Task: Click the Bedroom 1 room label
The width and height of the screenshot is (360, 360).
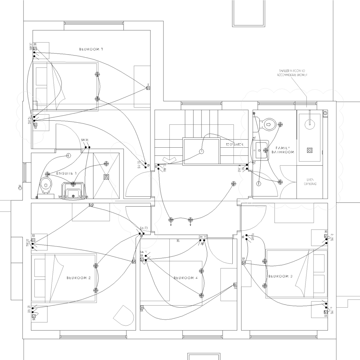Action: [91, 49]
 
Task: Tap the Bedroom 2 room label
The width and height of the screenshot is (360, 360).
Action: [79, 278]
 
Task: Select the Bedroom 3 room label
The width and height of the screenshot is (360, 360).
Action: [280, 276]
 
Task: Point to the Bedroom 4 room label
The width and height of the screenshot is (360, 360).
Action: [186, 278]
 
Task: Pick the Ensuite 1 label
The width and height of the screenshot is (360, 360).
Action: [66, 174]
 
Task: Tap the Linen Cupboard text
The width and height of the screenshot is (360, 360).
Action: [309, 181]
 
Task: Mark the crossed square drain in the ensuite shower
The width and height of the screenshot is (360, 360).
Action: [106, 178]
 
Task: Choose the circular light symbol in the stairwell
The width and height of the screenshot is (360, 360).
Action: [201, 152]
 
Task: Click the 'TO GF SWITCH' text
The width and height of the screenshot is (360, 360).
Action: [234, 144]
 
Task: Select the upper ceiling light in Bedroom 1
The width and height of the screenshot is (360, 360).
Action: [97, 74]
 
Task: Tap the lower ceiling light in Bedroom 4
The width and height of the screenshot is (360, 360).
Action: [201, 295]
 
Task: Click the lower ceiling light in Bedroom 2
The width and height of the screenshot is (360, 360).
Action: [96, 290]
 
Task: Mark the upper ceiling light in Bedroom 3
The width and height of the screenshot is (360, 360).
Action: [264, 261]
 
